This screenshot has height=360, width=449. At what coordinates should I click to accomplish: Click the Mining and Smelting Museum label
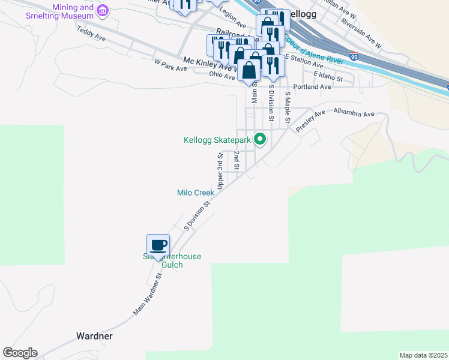coord(59,12)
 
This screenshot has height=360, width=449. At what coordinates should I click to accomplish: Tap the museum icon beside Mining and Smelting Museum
coord(103,10)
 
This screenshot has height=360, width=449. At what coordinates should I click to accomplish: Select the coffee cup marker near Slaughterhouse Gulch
coord(158,245)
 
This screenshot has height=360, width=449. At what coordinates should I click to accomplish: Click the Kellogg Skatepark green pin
coord(260,140)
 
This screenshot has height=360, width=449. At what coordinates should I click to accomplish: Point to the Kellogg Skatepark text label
coord(217,140)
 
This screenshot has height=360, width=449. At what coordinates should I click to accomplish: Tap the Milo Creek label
coord(196,193)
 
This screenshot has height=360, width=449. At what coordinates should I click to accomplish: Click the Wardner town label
coord(95,335)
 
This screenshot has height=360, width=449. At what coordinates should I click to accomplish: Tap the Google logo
coord(20,353)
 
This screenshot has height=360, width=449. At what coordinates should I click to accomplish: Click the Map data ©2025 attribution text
coord(423,355)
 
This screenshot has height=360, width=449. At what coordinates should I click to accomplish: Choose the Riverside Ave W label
coord(361,32)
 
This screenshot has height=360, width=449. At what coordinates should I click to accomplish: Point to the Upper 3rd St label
coord(220,169)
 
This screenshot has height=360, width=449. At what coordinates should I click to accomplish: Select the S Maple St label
coord(288,108)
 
